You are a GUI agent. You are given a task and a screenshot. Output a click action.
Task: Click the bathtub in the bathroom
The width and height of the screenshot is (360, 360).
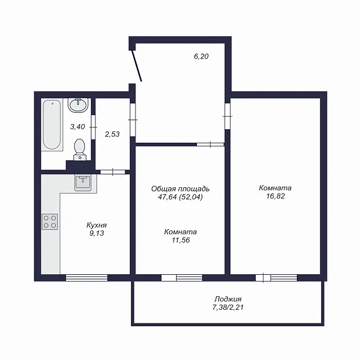tap(52, 125)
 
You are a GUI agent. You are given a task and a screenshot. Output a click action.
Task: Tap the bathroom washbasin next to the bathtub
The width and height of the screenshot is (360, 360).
tap(78, 105)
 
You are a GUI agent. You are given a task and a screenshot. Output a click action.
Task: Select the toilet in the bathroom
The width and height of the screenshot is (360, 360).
tap(80, 150)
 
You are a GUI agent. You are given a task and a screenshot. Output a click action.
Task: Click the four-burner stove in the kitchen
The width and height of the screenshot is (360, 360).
tap(50, 222)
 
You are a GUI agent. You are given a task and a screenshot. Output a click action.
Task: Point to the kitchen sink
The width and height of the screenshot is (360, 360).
tap(83, 182)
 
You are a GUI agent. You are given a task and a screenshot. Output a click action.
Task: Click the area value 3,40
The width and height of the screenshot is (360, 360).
tap(78, 126)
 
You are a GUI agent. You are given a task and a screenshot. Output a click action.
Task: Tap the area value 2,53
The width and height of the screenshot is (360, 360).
tap(112, 134)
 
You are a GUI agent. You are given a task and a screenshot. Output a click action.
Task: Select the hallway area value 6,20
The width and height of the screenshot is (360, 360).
tap(201, 56)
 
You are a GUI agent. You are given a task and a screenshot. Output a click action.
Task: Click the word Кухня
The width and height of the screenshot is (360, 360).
tap(96, 225)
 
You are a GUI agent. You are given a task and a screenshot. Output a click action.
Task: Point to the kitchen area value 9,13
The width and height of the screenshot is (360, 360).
tap(96, 233)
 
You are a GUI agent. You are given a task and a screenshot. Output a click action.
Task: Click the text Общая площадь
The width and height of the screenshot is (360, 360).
tap(180, 189)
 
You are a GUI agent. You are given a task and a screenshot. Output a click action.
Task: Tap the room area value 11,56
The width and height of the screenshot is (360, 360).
tap(181, 240)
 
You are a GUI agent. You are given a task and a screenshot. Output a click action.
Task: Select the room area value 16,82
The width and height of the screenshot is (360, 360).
tap(275, 196)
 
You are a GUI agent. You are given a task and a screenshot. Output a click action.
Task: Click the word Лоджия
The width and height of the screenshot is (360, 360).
tap(228, 299)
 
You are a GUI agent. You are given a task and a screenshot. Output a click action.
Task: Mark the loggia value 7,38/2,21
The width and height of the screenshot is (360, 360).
tap(228, 307)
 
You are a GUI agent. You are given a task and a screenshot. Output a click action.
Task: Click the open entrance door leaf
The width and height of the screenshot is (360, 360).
tap(137, 66)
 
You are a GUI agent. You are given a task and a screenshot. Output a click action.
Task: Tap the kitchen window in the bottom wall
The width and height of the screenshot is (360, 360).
tap(86, 278)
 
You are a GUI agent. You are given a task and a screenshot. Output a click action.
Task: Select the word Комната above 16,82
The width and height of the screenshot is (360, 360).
tap(275, 188)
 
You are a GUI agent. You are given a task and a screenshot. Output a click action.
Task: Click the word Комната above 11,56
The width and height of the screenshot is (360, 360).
tap(181, 232)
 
